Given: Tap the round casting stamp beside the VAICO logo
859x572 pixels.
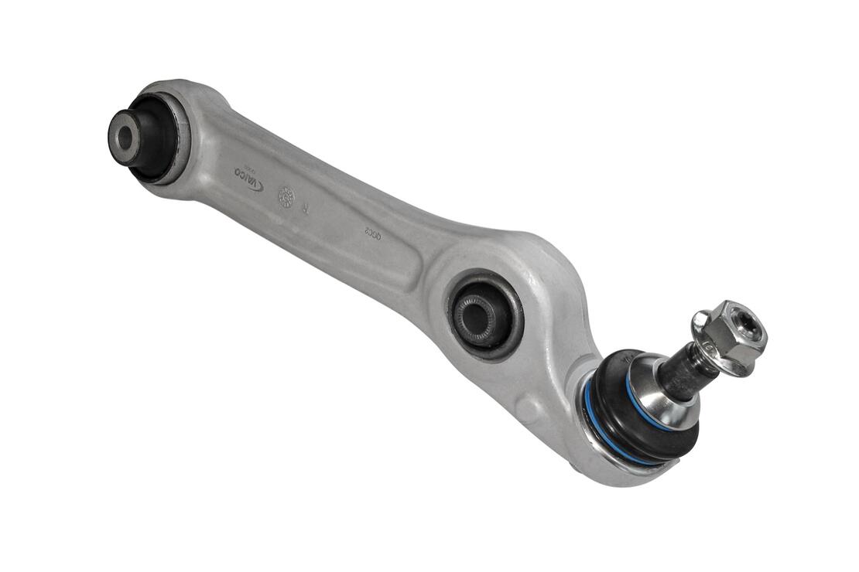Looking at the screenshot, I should (286, 196).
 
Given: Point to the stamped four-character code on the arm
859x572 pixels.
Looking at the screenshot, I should (374, 231).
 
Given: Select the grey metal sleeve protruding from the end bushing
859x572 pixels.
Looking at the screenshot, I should (125, 138).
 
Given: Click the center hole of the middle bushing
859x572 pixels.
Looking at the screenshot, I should (473, 315).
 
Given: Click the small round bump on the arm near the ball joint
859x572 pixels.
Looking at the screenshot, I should (529, 407).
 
